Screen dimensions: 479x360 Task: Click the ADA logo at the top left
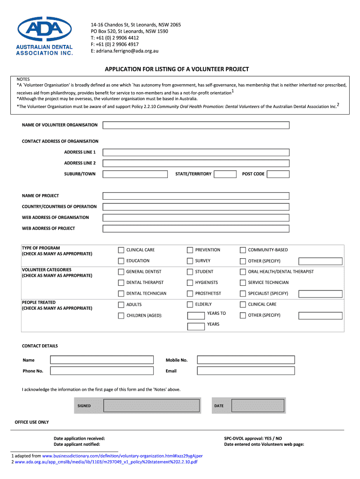[x=44, y=36]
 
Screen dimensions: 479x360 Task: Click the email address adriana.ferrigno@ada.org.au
[x=125, y=51]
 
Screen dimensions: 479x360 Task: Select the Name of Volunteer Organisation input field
[x=196, y=125]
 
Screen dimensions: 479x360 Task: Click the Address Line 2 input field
[x=196, y=163]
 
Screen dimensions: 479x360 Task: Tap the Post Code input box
[x=278, y=174]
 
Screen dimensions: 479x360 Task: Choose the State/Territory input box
[x=225, y=174]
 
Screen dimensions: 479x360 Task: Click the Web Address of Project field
[x=196, y=229]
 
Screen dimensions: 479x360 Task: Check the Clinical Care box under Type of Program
[x=122, y=250]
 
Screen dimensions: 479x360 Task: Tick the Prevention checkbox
[x=190, y=250]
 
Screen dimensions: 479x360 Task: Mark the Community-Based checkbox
[x=243, y=250]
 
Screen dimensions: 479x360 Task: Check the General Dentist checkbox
[x=122, y=272]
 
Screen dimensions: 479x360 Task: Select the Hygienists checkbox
[x=190, y=283]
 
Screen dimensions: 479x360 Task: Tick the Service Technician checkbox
[x=243, y=283]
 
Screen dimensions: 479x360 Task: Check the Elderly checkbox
[x=190, y=305]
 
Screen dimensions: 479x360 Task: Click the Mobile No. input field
[x=246, y=360]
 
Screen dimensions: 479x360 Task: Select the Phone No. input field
[x=102, y=371]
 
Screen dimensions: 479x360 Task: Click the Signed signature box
[x=152, y=406]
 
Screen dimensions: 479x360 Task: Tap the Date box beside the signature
[x=258, y=406]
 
